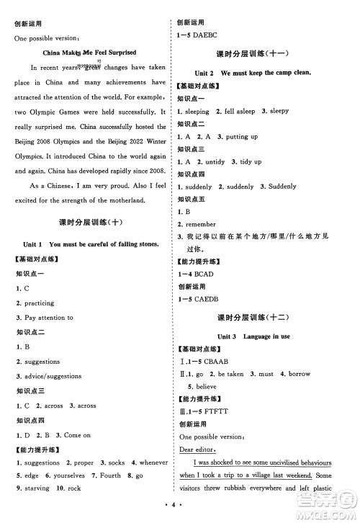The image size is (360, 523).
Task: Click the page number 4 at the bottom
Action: tap(179, 514)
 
